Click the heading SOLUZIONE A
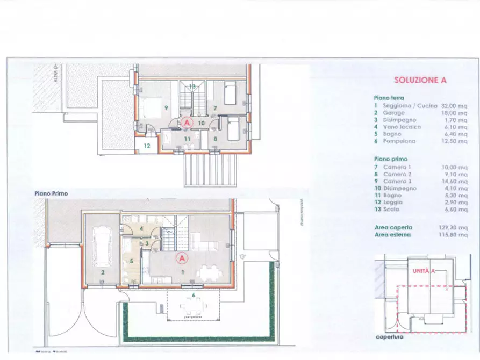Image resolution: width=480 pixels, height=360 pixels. coord(420,80)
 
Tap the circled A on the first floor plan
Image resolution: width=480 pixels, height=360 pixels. coord(186,123)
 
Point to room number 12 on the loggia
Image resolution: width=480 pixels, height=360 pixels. coord(146,145)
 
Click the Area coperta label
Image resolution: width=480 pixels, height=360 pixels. coord(392,228)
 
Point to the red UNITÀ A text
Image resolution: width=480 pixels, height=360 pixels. coord(423,272)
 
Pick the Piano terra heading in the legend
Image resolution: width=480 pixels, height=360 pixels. coord(389,98)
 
